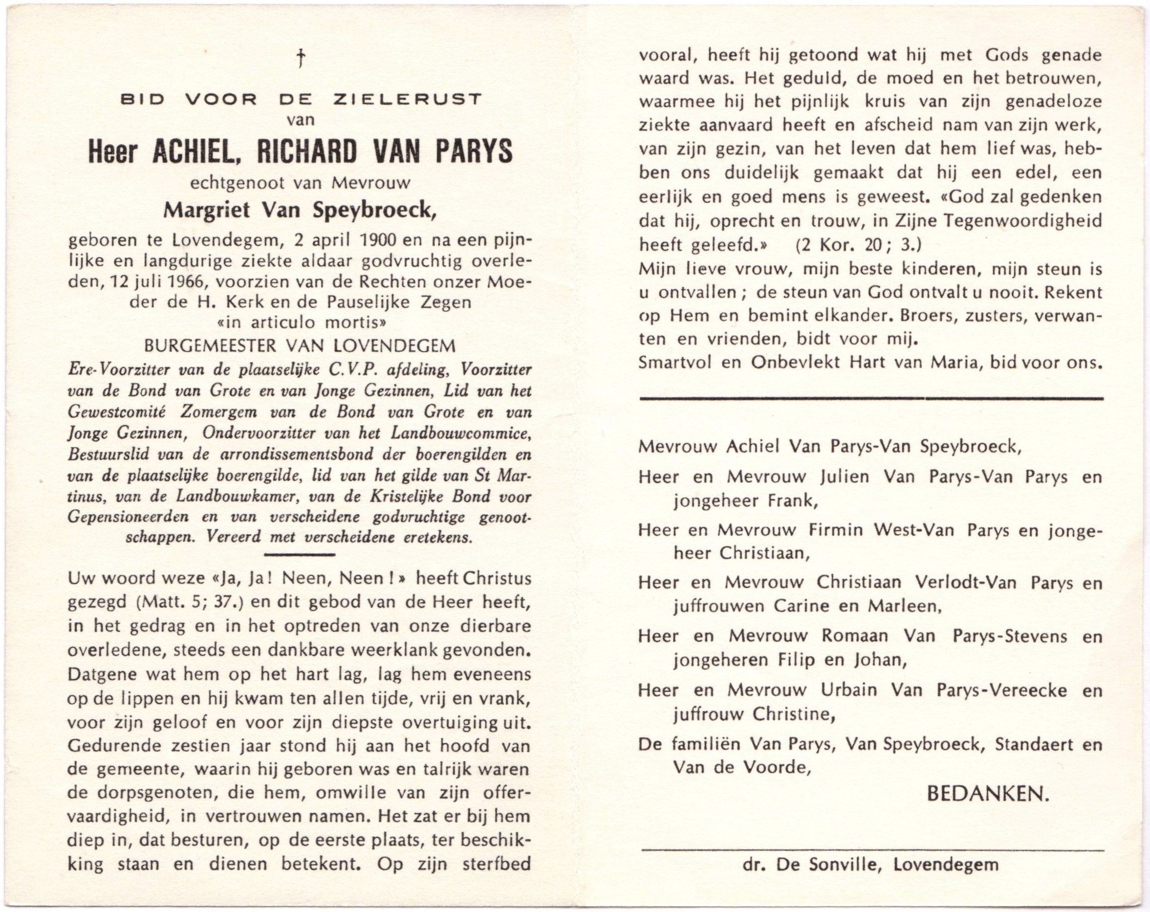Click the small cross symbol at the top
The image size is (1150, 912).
coord(301,58)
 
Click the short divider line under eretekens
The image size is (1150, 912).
coord(299,555)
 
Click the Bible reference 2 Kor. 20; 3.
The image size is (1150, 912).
coord(859,244)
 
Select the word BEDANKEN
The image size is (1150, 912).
coord(988,794)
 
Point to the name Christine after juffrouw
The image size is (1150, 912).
coord(793,714)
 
